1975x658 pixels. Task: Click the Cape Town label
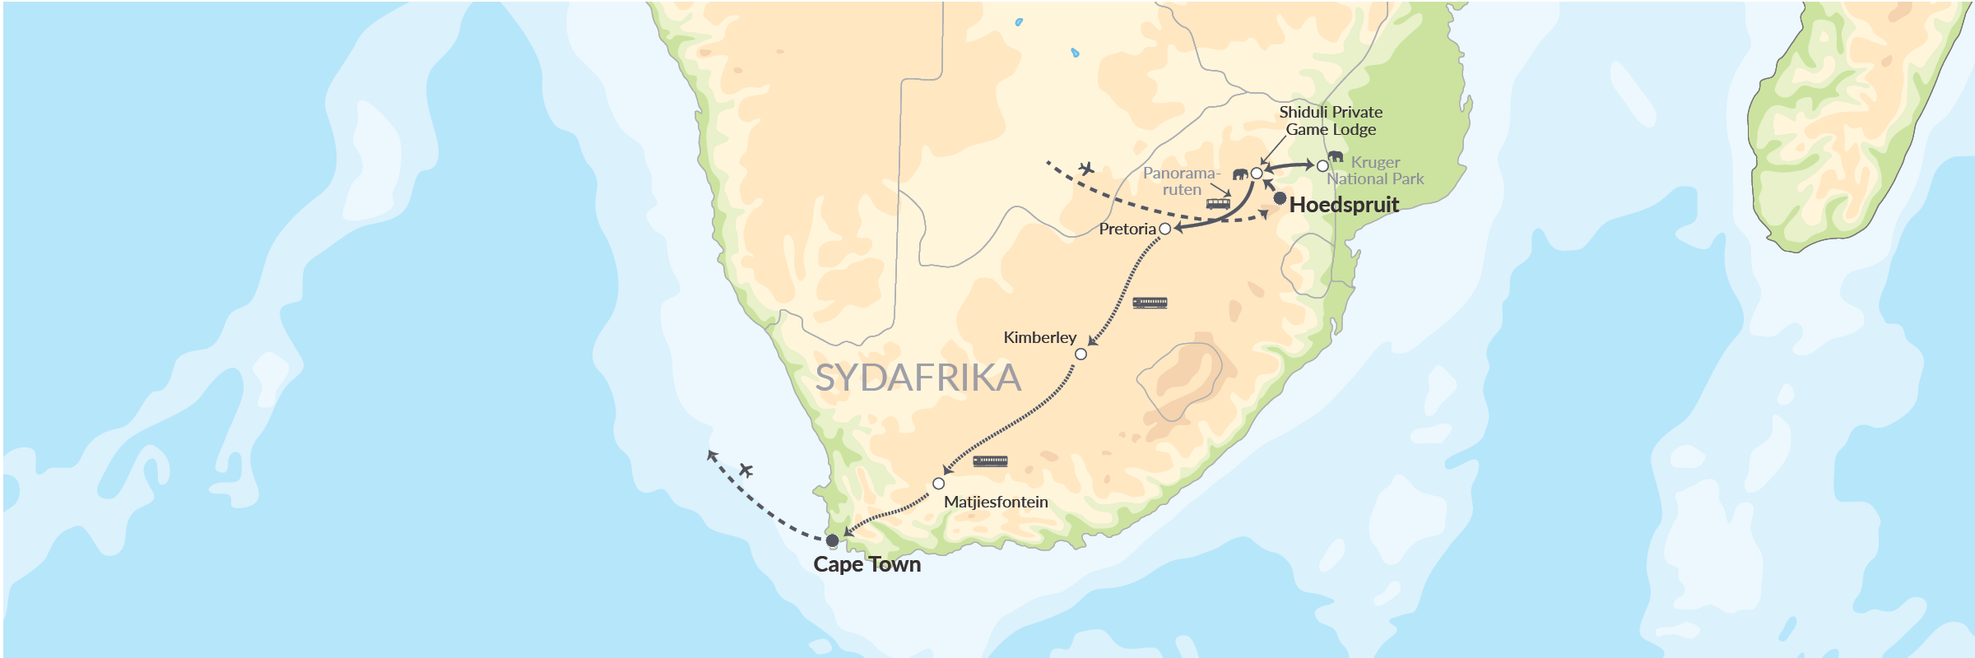[x=867, y=564]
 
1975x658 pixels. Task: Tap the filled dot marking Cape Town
[x=832, y=540]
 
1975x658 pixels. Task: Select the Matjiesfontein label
[x=996, y=502]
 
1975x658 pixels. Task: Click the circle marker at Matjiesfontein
[x=938, y=484]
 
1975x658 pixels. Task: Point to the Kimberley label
[x=1039, y=337]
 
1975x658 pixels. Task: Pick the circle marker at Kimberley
[x=1080, y=354]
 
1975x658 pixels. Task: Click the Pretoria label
[x=1127, y=229]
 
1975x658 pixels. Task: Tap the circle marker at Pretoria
[x=1164, y=229]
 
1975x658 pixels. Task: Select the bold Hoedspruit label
[x=1344, y=205]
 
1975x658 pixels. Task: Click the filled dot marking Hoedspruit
[x=1280, y=198]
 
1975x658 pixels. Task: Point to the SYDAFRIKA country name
[x=918, y=378]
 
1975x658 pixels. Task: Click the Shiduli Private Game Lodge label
[x=1331, y=120]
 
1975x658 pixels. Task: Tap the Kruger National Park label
[x=1375, y=170]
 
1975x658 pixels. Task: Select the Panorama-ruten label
[x=1181, y=181]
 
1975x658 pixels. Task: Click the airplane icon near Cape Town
[x=746, y=470]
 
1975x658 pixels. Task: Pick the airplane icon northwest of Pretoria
[x=1086, y=169]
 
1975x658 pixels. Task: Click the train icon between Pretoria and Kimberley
[x=1150, y=303]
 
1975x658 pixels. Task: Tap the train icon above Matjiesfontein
[x=990, y=461]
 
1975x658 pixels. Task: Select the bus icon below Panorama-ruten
[x=1218, y=203]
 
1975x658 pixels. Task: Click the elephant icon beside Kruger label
[x=1336, y=156]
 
